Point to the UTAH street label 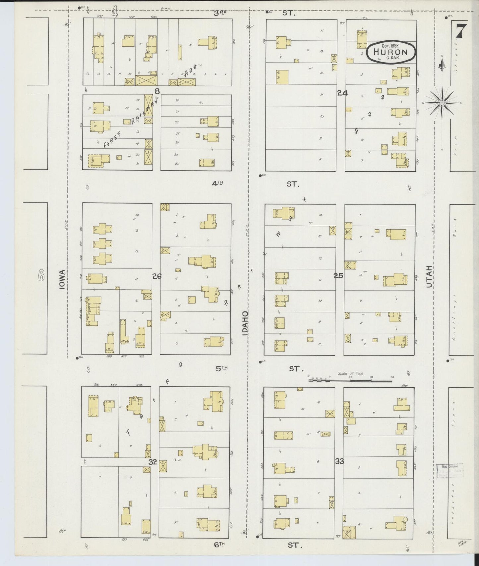(x=429, y=276)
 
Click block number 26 (x=157, y=276)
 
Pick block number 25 (x=338, y=275)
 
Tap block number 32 (x=152, y=462)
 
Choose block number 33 (x=339, y=461)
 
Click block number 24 (x=342, y=93)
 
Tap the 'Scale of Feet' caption (x=351, y=373)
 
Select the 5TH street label (x=222, y=368)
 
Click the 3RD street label (x=220, y=13)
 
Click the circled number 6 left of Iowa (x=41, y=275)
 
